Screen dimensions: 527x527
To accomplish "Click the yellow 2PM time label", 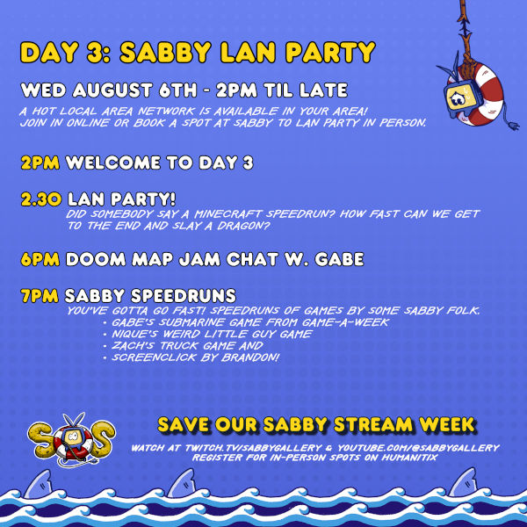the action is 40,162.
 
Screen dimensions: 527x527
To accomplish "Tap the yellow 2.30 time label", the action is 41,199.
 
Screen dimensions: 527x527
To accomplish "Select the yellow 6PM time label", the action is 40,259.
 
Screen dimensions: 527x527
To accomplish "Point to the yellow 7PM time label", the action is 40,296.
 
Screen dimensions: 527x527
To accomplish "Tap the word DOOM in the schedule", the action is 96,259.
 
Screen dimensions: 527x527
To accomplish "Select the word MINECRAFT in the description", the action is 227,213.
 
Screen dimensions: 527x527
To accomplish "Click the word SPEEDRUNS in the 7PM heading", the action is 184,296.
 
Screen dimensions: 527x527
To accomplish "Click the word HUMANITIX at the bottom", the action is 409,458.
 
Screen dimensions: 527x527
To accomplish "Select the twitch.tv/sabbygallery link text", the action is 254,448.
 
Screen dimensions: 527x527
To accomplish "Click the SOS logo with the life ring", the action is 71,439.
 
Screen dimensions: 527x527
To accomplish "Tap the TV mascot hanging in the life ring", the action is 463,98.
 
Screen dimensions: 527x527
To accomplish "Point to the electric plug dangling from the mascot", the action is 514,126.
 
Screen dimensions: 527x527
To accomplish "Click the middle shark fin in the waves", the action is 183,483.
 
